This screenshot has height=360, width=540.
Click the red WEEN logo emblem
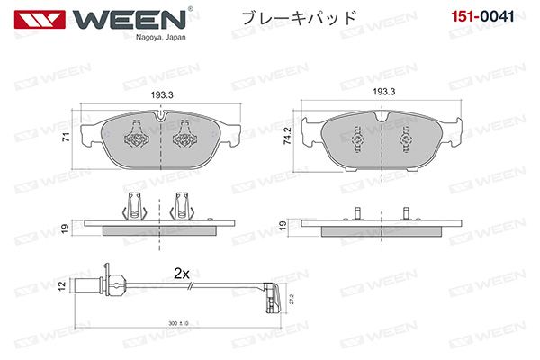point(40,19)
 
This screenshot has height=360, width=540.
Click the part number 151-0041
point(482,16)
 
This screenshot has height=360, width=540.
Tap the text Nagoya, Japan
point(160,37)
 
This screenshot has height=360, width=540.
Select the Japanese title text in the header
point(298,17)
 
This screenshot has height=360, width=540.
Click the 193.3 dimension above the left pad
point(162,95)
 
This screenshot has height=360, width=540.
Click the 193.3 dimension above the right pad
point(384,92)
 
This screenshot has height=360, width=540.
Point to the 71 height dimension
point(66,137)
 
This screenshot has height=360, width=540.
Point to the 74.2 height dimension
point(287,136)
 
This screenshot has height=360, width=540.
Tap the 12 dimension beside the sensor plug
point(62,286)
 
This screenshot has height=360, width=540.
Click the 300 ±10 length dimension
point(179,323)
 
